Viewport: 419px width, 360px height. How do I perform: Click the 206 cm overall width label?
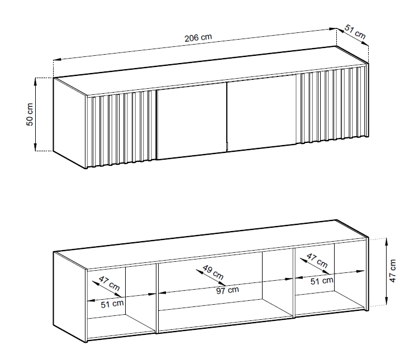(198, 37)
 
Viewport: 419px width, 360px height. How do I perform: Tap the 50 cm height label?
(30, 114)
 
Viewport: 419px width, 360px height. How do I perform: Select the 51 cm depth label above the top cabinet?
(355, 31)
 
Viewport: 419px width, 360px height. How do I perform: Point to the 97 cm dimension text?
(227, 290)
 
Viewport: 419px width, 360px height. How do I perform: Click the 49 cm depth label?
(213, 272)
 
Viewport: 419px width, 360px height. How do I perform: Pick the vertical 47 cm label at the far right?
(393, 271)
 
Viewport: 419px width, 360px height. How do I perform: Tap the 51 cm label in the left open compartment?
(112, 304)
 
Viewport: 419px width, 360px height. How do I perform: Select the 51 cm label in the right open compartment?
(322, 281)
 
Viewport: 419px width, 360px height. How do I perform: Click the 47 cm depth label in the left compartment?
(109, 283)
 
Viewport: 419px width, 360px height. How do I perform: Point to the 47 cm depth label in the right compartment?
(317, 261)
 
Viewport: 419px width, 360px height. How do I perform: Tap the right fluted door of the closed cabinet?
(333, 104)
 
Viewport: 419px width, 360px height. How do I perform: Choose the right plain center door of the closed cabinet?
(261, 113)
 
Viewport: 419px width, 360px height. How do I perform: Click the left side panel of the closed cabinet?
(70, 123)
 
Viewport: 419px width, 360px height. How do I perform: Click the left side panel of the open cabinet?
(70, 297)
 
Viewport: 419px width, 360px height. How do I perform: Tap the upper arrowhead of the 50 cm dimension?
(35, 81)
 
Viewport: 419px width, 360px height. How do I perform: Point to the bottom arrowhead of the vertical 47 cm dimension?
(386, 301)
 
